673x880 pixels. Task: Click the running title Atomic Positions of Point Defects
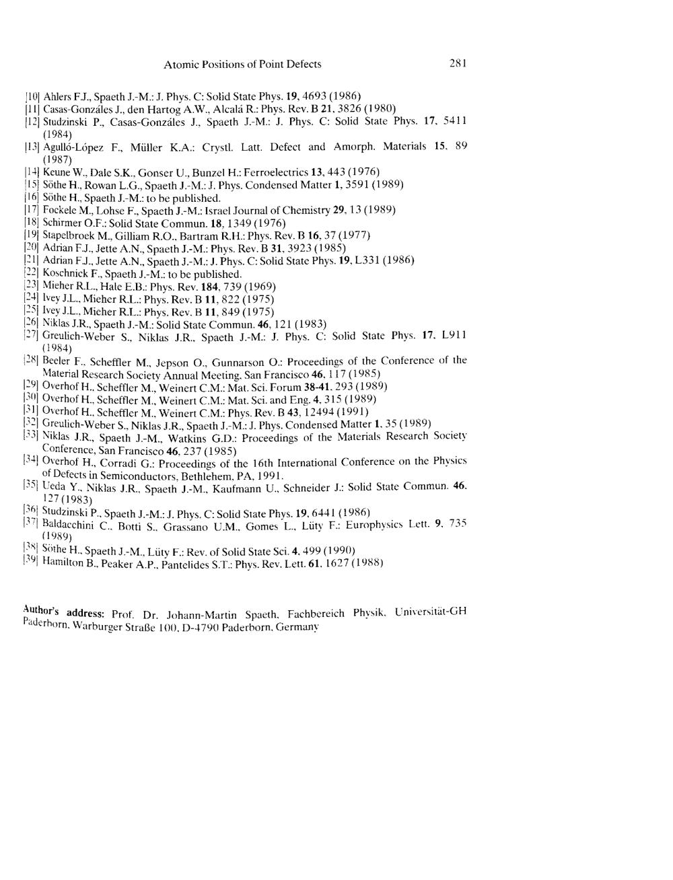coord(242,65)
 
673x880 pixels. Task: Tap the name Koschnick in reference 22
coord(65,274)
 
